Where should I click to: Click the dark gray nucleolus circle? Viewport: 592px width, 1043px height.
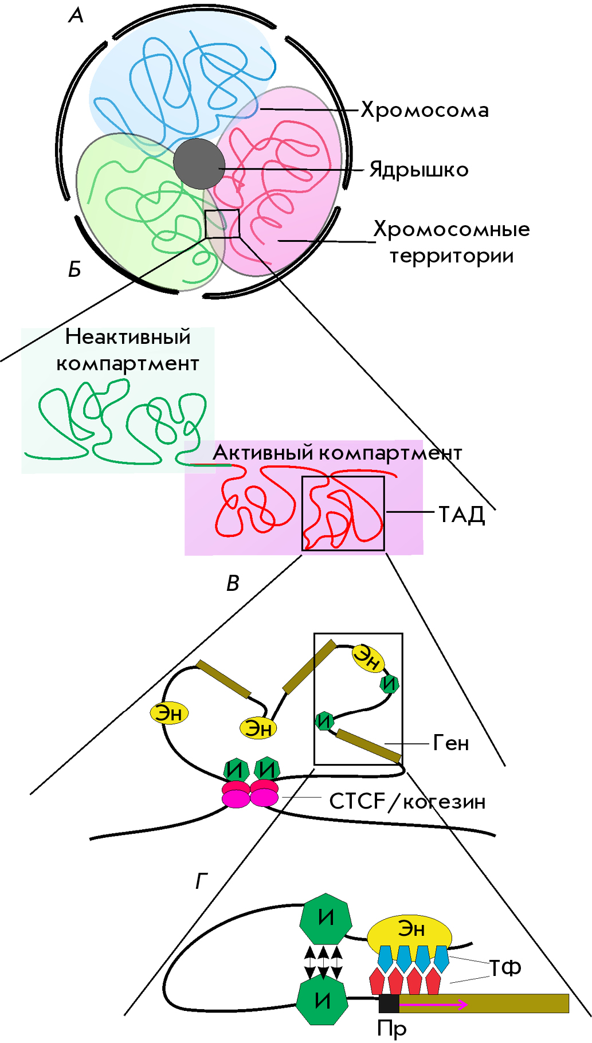[x=199, y=163]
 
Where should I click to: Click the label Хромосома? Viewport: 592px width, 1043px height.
[x=425, y=110]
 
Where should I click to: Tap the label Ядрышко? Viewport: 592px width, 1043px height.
[x=419, y=170]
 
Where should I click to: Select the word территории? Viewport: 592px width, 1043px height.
[x=452, y=256]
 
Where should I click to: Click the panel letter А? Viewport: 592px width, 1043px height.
[x=76, y=15]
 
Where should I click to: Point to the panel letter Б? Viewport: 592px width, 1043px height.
[x=75, y=269]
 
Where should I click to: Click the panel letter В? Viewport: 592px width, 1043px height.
[x=233, y=583]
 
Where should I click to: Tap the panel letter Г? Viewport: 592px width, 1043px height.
[x=201, y=880]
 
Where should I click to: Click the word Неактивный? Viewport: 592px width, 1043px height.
[x=128, y=336]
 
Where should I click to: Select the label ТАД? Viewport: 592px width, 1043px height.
[x=462, y=515]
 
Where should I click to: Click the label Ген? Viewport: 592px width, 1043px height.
[x=451, y=743]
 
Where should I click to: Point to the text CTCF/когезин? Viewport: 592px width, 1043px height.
[x=407, y=801]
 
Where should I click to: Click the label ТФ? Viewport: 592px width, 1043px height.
[x=505, y=968]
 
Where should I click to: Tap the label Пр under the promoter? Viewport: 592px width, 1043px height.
[x=391, y=1028]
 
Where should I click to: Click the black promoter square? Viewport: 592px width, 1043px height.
[x=389, y=1003]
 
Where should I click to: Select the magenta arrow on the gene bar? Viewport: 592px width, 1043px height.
[x=434, y=1004]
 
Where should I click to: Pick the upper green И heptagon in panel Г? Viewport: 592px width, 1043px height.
[x=326, y=918]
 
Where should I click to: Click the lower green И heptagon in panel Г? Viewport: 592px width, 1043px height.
[x=322, y=1001]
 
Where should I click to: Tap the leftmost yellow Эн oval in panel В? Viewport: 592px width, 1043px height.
[x=169, y=713]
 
